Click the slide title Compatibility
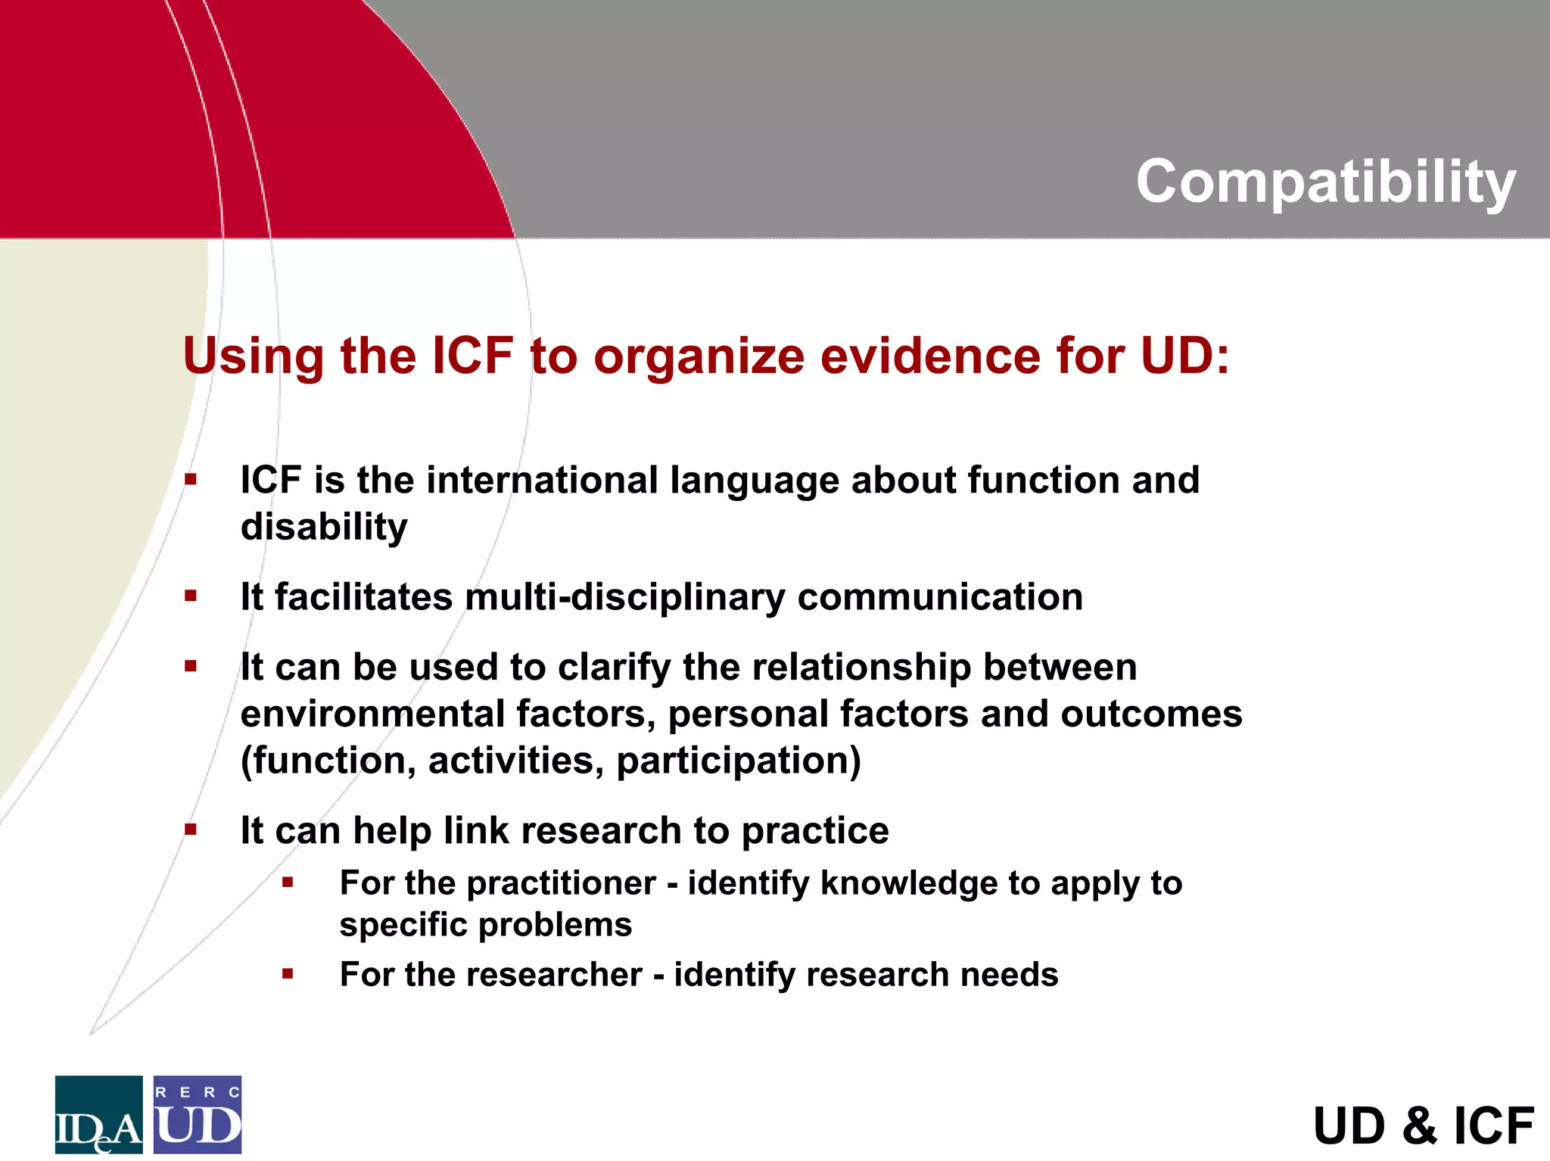click(x=1325, y=182)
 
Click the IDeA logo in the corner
click(x=98, y=1114)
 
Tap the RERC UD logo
click(x=198, y=1114)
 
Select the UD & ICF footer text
click(x=1424, y=1125)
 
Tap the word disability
click(x=324, y=527)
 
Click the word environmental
click(x=372, y=714)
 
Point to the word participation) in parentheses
click(x=739, y=761)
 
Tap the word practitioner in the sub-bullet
click(x=561, y=883)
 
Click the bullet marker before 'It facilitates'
click(x=191, y=596)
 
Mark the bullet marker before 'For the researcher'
click(x=288, y=973)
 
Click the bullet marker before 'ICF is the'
click(x=191, y=479)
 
